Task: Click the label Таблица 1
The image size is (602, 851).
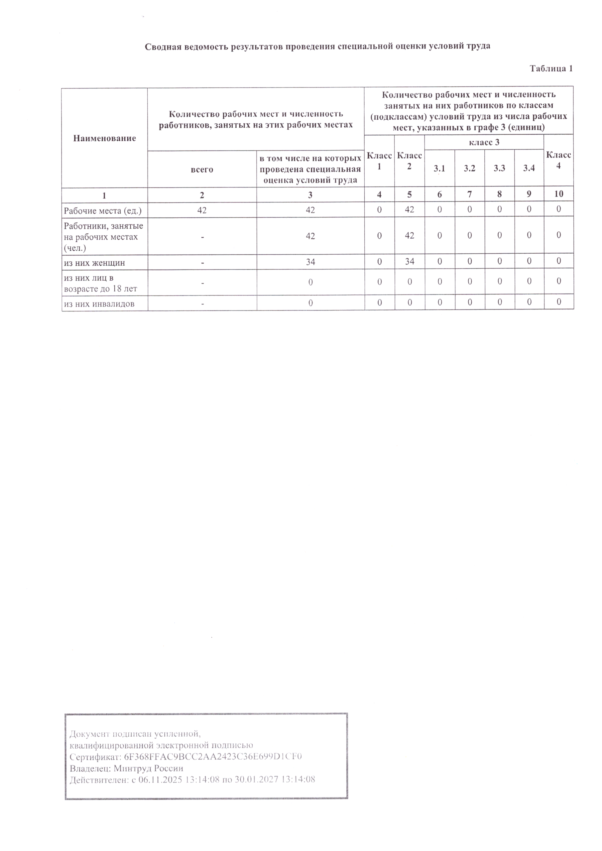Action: coord(551,68)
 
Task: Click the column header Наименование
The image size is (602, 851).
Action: coord(104,138)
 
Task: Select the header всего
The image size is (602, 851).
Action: coord(202,170)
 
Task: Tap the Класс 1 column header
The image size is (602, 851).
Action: coord(379,161)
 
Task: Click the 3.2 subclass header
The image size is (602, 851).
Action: coord(469,168)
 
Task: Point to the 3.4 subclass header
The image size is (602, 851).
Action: coord(529,168)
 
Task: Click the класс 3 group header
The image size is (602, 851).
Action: coord(484,142)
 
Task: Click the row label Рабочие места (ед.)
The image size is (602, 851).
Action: coord(103,211)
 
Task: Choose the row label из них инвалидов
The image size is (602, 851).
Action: coord(99,304)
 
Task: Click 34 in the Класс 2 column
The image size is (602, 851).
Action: coord(409,262)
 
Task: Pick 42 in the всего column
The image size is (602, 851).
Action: coord(202,210)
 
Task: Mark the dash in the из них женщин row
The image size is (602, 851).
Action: coord(202,262)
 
